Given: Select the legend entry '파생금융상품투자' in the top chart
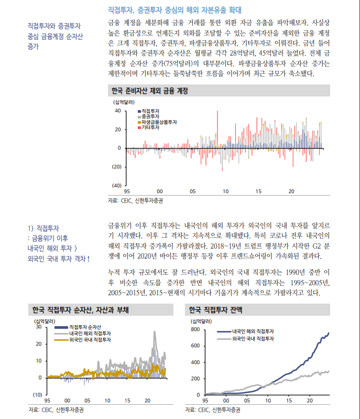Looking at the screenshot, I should pyautogui.click(x=159, y=122).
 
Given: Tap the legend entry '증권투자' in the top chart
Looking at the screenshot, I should pyautogui.click(x=151, y=116).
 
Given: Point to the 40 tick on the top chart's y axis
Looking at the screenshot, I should pyautogui.click(x=118, y=111).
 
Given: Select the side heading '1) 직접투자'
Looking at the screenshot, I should pyautogui.click(x=43, y=228).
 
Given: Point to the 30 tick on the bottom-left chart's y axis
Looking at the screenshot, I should pyautogui.click(x=38, y=327).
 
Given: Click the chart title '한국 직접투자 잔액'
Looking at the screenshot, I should pyautogui.click(x=215, y=309).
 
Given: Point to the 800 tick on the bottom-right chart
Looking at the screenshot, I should pyautogui.click(x=195, y=329).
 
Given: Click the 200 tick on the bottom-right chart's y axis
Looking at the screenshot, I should pyautogui.click(x=195, y=378).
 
